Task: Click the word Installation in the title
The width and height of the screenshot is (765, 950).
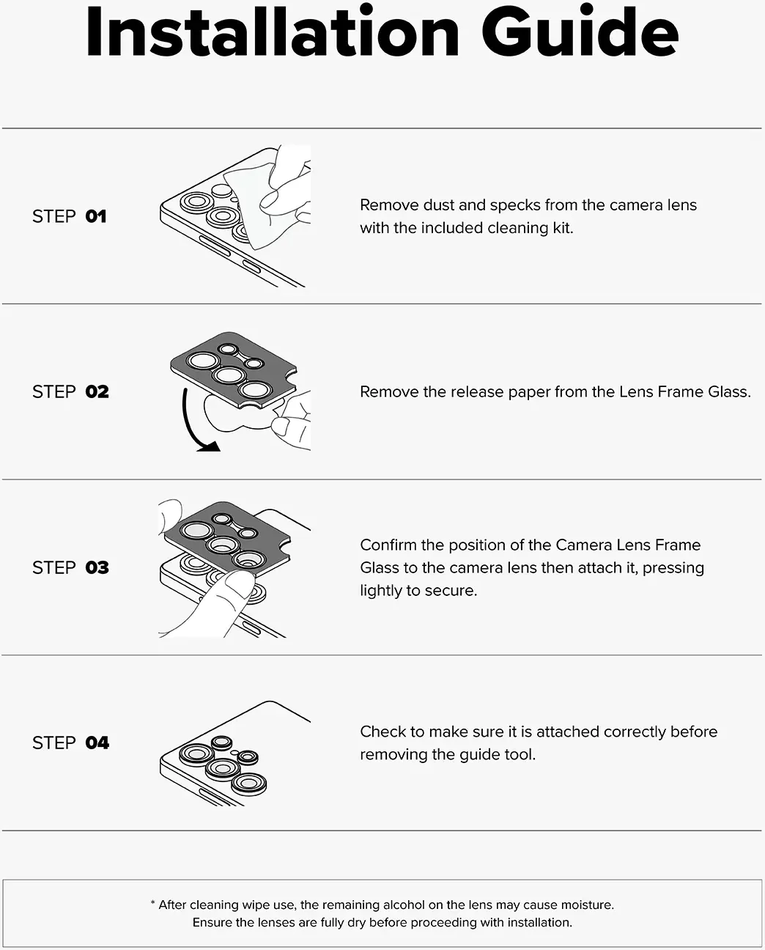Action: click(x=273, y=31)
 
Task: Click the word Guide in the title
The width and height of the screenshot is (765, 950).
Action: click(x=580, y=31)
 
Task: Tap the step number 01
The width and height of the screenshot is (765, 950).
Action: click(x=96, y=216)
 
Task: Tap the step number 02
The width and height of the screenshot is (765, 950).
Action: click(x=97, y=391)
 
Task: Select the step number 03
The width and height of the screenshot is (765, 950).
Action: click(x=97, y=567)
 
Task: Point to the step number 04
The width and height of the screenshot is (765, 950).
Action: click(x=97, y=743)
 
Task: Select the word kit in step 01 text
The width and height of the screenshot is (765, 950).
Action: click(x=563, y=228)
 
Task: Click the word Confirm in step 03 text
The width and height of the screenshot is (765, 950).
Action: click(x=388, y=545)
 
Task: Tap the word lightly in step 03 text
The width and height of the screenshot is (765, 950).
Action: click(x=381, y=591)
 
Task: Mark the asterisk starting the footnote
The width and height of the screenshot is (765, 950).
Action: click(x=152, y=903)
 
